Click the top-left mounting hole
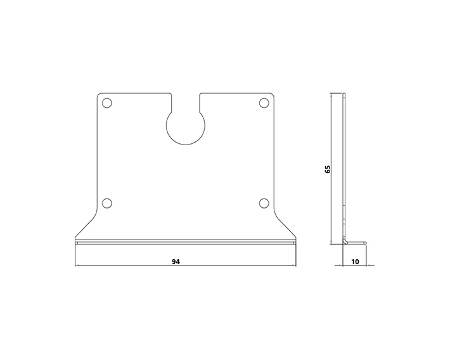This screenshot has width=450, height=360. pos(106,103)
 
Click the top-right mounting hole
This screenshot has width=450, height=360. pos(264,103)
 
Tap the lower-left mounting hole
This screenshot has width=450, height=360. pos(106,203)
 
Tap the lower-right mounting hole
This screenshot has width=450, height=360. pos(264,203)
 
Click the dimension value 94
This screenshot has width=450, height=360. pos(185,260)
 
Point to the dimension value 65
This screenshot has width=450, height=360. pos(327,169)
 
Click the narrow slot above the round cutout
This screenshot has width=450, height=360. pos(185,101)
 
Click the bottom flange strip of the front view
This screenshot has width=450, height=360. pos(185,241)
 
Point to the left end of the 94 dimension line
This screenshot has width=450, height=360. pos(75,265)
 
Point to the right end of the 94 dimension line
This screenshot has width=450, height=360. pos(295,265)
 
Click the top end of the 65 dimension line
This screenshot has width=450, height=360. pos(332,94)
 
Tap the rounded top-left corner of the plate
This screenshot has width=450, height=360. pos(98,96)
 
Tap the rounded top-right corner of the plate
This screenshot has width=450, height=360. pos(273,96)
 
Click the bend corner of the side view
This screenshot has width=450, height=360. pos(345,241)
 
